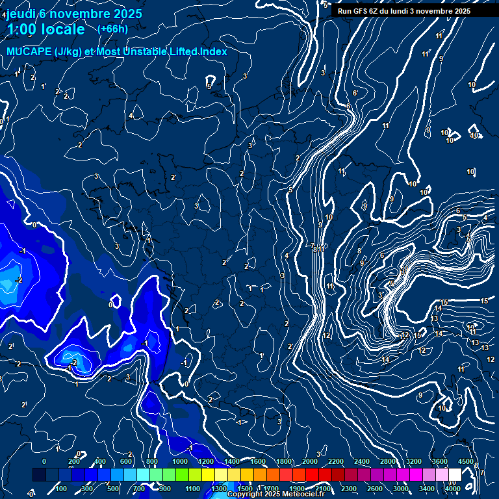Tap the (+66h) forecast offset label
[112, 29]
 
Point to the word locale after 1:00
[62, 29]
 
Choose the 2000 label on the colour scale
[309, 461]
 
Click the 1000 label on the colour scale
[180, 461]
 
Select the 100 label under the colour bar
[62, 489]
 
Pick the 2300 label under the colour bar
[349, 489]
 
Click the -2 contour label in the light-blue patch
[19, 280]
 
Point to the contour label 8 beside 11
[314, 249]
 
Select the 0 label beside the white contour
[111, 304]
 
